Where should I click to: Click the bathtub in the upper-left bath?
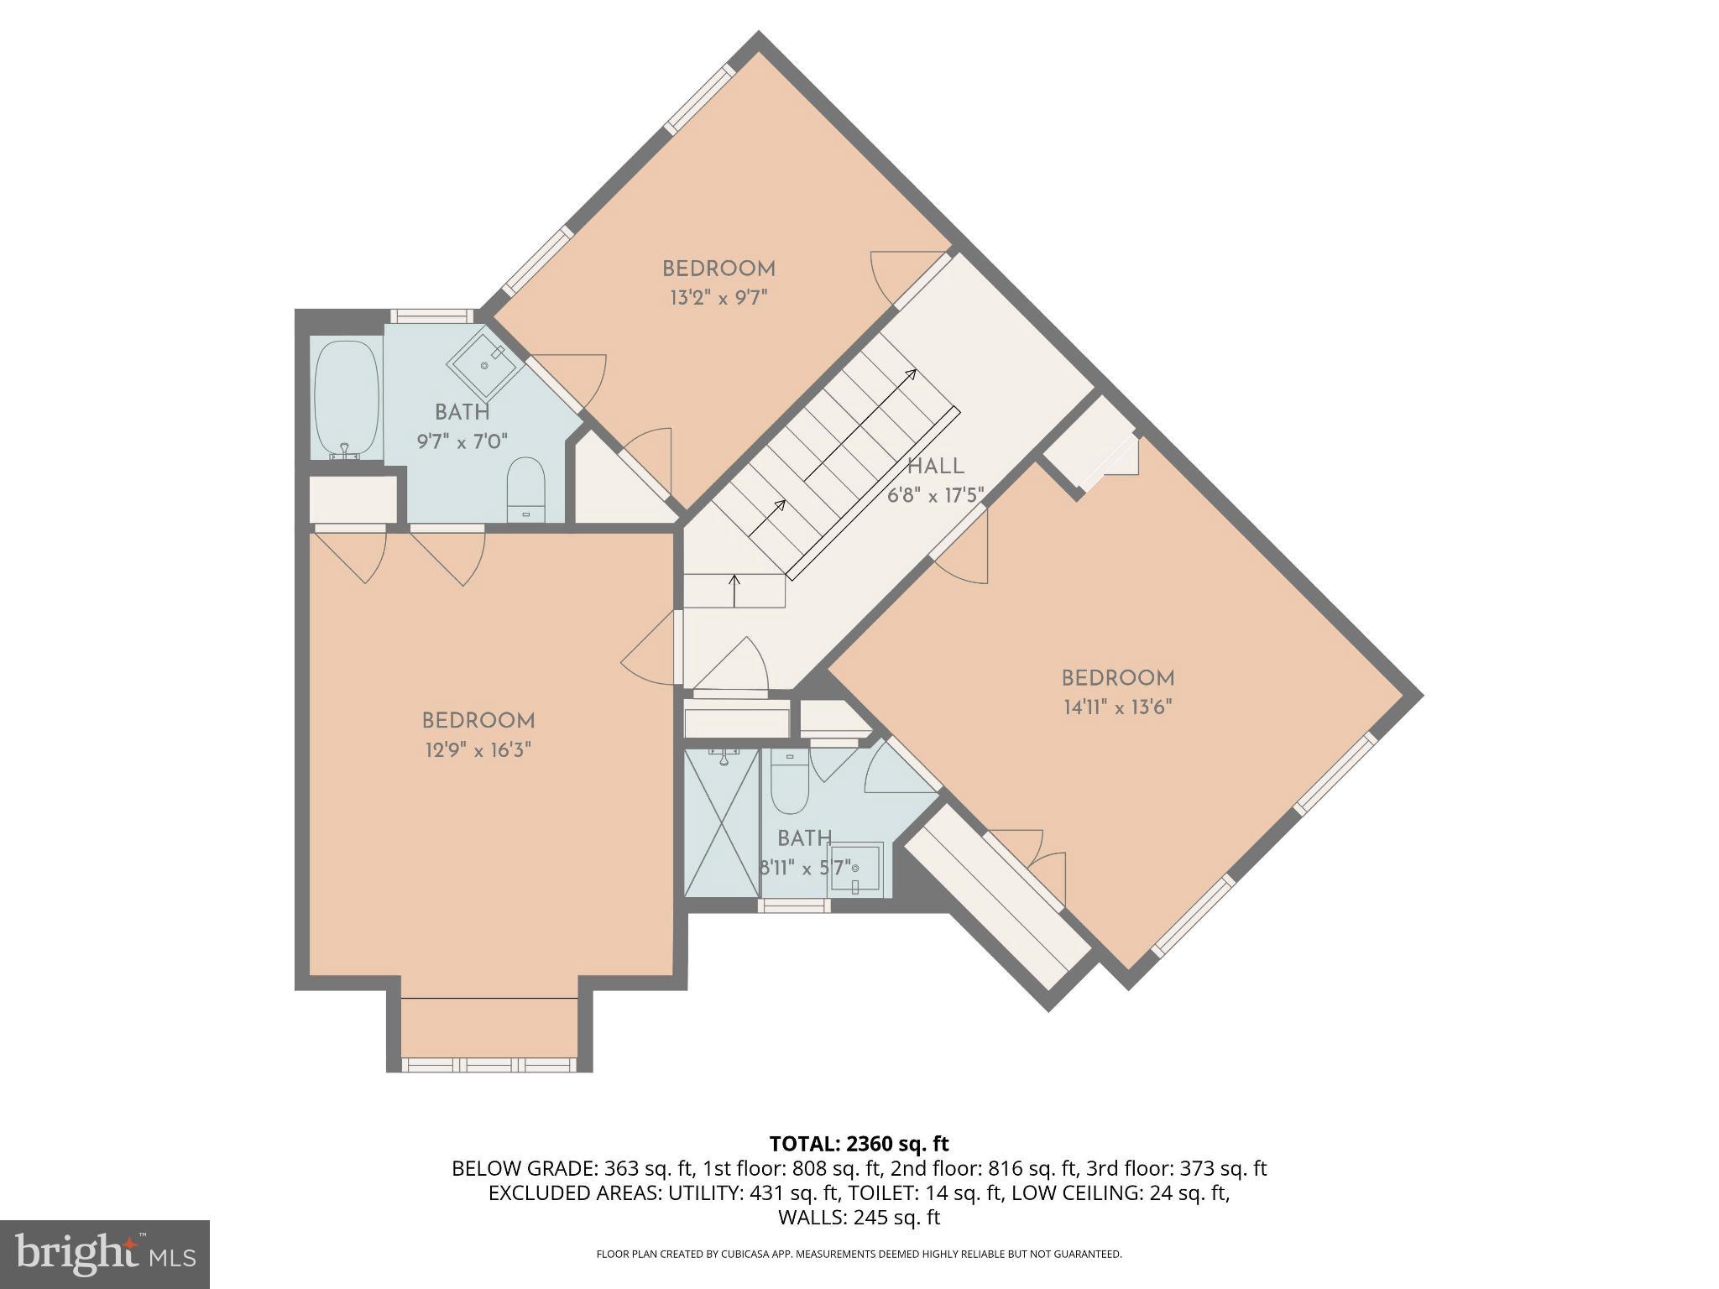(346, 399)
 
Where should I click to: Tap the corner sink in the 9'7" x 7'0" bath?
(485, 366)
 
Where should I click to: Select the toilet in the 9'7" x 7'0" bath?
(526, 490)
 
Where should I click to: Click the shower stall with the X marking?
(722, 822)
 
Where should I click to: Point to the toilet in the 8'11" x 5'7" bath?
(788, 785)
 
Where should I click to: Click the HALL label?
(935, 466)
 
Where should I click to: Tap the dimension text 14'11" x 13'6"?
(1117, 707)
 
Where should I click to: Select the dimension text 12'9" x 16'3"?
(478, 749)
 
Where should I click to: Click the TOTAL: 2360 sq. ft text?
(859, 1143)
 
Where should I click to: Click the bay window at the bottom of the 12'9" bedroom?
(489, 1064)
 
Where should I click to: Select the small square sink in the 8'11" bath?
(854, 869)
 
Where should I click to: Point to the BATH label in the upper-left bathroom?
(462, 412)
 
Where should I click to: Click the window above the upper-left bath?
(431, 316)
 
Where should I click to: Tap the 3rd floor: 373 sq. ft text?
(1176, 1168)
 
